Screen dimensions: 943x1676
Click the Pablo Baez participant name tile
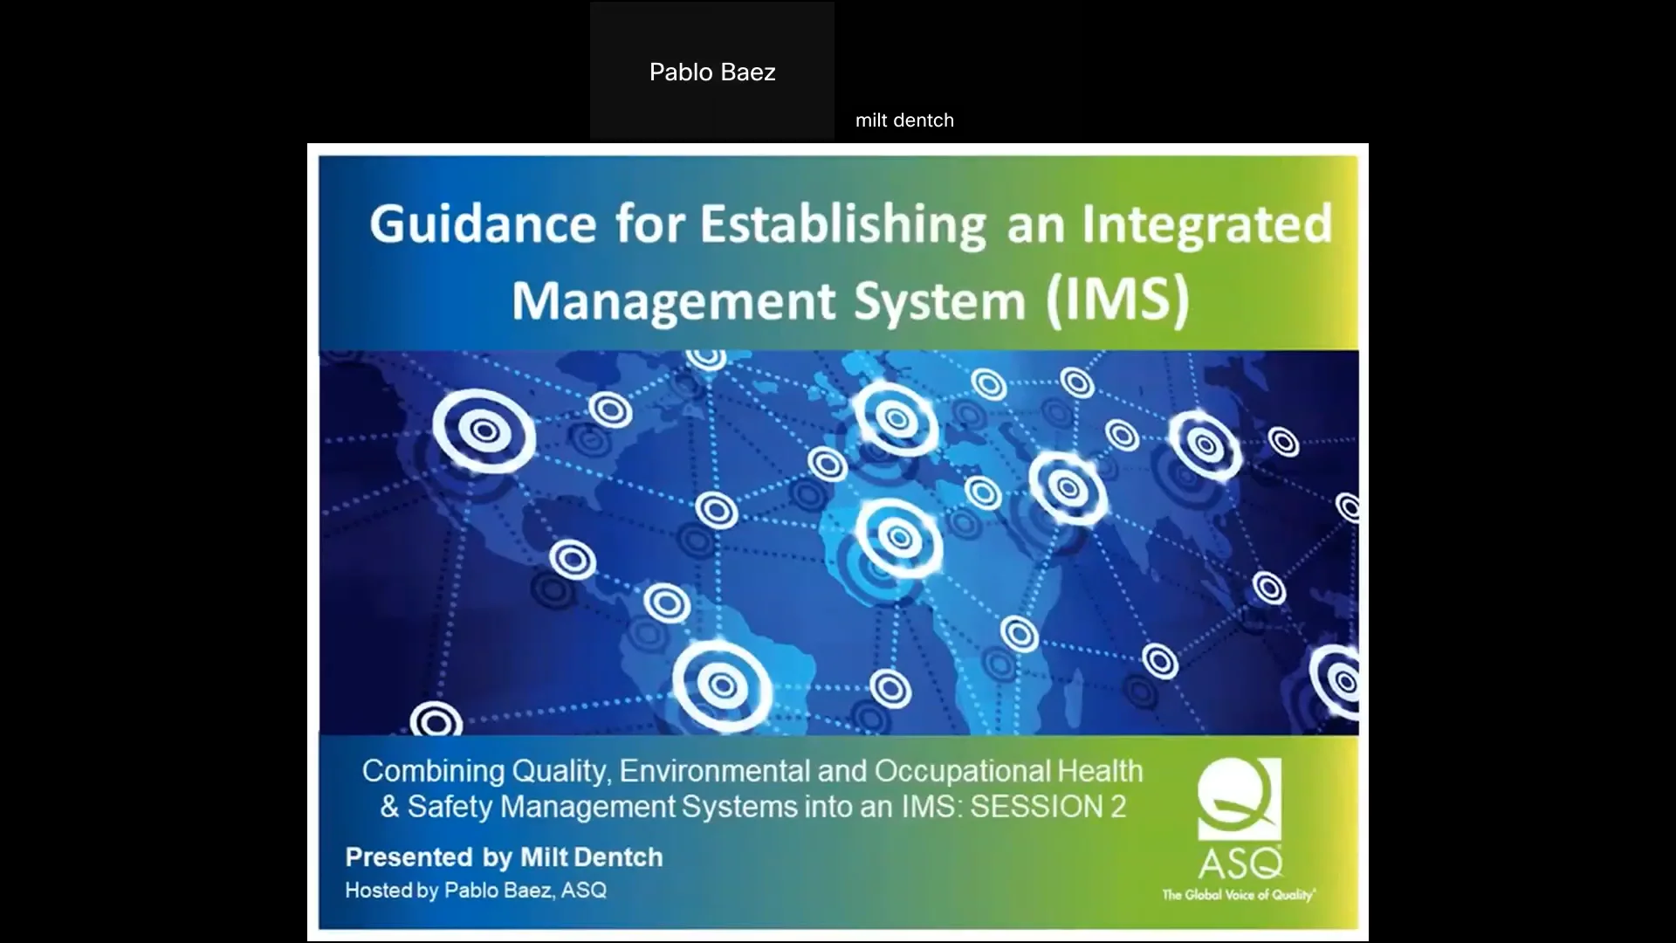coord(712,72)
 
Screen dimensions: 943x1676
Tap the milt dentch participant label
coord(904,120)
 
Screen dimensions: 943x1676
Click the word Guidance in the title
coord(483,224)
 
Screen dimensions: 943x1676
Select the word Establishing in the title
coord(843,224)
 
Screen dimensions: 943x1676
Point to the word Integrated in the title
coord(1207,224)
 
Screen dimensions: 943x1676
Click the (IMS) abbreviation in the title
coord(1118,301)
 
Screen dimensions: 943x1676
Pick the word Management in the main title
coord(673,301)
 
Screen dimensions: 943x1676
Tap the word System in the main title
coord(938,301)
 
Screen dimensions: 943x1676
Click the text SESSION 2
coord(1047,807)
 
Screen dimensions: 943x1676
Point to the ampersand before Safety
coord(389,807)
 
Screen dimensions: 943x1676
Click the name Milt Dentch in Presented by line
coord(591,857)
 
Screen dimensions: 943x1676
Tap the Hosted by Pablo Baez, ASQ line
coord(476,891)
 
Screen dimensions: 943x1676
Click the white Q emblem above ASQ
coord(1240,797)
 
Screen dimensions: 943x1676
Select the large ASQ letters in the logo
coord(1240,864)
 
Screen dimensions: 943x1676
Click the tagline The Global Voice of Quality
coord(1238,895)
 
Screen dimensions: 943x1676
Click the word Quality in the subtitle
coord(559,771)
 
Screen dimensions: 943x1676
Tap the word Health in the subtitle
coord(1100,771)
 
